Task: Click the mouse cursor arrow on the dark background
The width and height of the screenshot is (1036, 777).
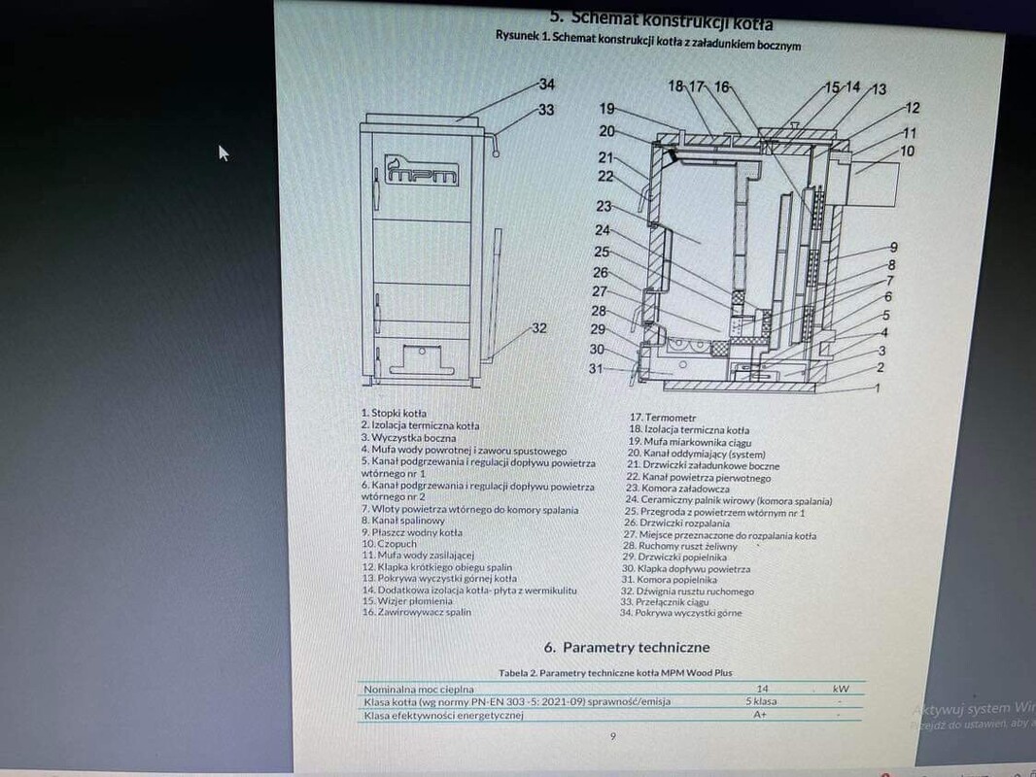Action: [224, 152]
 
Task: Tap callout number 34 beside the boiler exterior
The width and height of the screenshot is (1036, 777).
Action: [546, 84]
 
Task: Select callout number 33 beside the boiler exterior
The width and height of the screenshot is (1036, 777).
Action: [546, 110]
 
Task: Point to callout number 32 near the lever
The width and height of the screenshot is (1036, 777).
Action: [539, 328]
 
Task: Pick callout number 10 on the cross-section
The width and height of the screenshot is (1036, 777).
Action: [907, 152]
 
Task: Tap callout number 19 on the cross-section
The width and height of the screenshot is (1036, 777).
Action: [607, 109]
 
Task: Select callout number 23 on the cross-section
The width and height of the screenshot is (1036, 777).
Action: [604, 206]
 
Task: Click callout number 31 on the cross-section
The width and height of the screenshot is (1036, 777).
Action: [597, 369]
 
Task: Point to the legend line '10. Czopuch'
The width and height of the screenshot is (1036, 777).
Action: [388, 544]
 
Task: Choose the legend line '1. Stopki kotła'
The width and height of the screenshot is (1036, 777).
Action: [394, 413]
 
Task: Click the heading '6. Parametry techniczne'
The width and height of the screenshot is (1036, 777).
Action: [627, 647]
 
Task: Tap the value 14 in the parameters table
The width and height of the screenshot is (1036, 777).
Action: [761, 688]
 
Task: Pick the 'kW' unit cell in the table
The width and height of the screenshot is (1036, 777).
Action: [841, 689]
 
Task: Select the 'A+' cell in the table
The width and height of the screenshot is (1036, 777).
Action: [761, 714]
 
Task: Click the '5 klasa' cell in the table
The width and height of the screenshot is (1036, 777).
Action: [761, 700]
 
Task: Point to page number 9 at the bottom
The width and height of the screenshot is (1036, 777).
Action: [612, 736]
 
